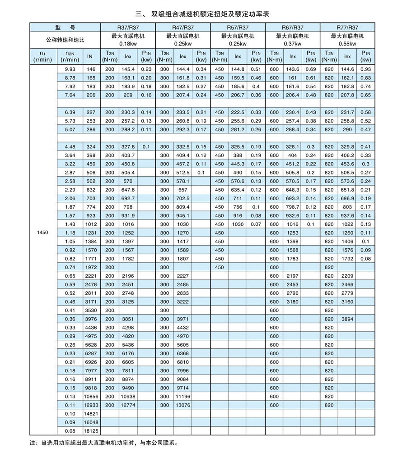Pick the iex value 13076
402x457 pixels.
pyautogui.click(x=183, y=405)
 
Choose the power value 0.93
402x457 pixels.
pyautogui.click(x=365, y=69)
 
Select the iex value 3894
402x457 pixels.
pyautogui.click(x=347, y=319)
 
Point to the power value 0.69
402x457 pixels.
pyautogui.click(x=311, y=69)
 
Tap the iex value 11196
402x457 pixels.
pyautogui.click(x=183, y=397)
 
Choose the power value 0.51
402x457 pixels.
pyautogui.click(x=256, y=69)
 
